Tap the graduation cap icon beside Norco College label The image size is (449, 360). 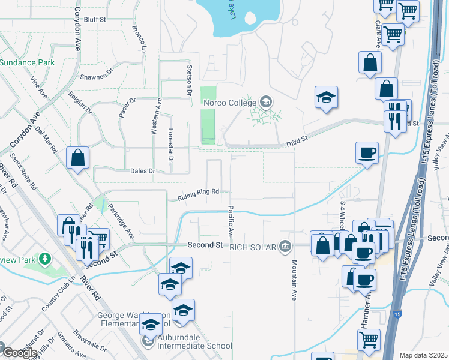coord(265,101)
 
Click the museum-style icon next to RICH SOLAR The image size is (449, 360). coord(285,246)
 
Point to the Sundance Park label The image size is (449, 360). coord(27,62)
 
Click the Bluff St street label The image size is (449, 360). coord(95,19)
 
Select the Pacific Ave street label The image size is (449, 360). coord(230,221)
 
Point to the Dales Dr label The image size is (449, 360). coord(143,171)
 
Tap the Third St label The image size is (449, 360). coord(296,139)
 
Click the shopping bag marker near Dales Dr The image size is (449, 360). coord(78,158)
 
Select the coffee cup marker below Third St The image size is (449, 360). coord(367,152)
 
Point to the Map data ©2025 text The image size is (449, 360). coord(424,355)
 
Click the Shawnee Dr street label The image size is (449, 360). coord(97,76)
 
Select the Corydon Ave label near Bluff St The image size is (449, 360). coord(77,29)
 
